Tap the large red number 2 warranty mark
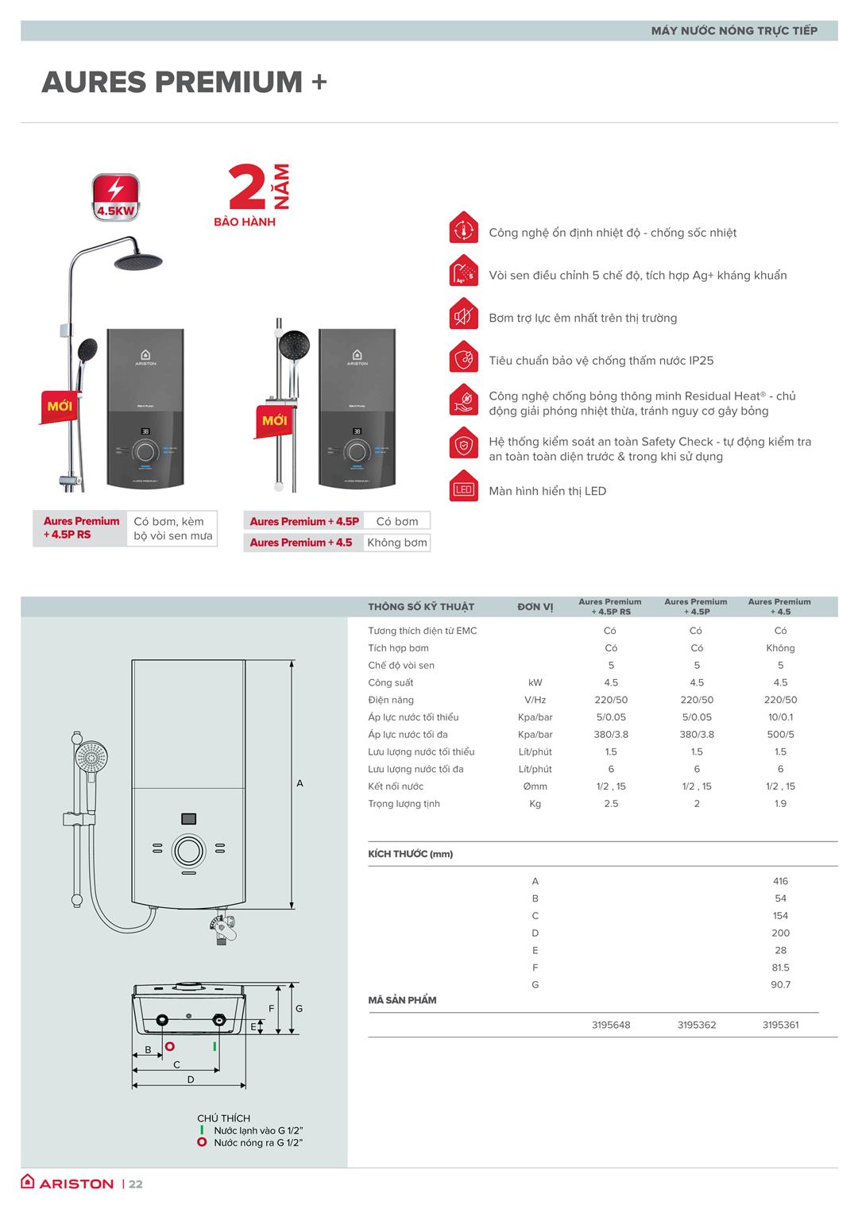click(246, 187)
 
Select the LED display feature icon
click(463, 490)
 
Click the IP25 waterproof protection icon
click(463, 360)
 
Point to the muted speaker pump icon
click(463, 318)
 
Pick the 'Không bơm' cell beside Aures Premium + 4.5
click(396, 543)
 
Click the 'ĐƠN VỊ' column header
click(535, 607)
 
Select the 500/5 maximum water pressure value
click(780, 735)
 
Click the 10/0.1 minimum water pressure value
click(780, 717)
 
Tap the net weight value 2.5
click(611, 804)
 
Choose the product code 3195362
click(697, 1025)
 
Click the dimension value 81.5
click(780, 968)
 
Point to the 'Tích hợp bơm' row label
click(398, 648)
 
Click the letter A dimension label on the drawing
click(300, 783)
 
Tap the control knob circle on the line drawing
click(188, 849)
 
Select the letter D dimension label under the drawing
click(191, 1080)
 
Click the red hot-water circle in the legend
click(202, 1142)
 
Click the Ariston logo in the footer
click(68, 1183)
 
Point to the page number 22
click(136, 1184)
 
